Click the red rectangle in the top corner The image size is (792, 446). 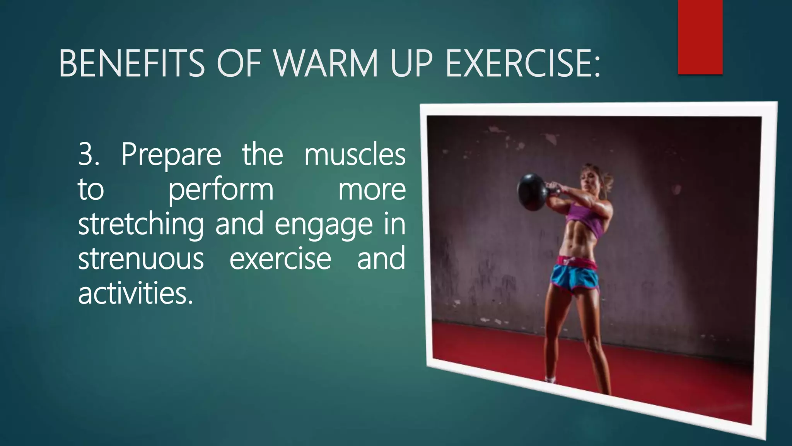[x=700, y=37]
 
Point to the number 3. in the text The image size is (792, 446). [x=89, y=154]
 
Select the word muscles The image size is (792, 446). [x=355, y=154]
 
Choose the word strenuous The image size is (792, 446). [x=141, y=259]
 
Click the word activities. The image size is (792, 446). [x=135, y=293]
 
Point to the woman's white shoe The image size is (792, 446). [x=550, y=379]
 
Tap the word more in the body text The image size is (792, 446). [x=372, y=190]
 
